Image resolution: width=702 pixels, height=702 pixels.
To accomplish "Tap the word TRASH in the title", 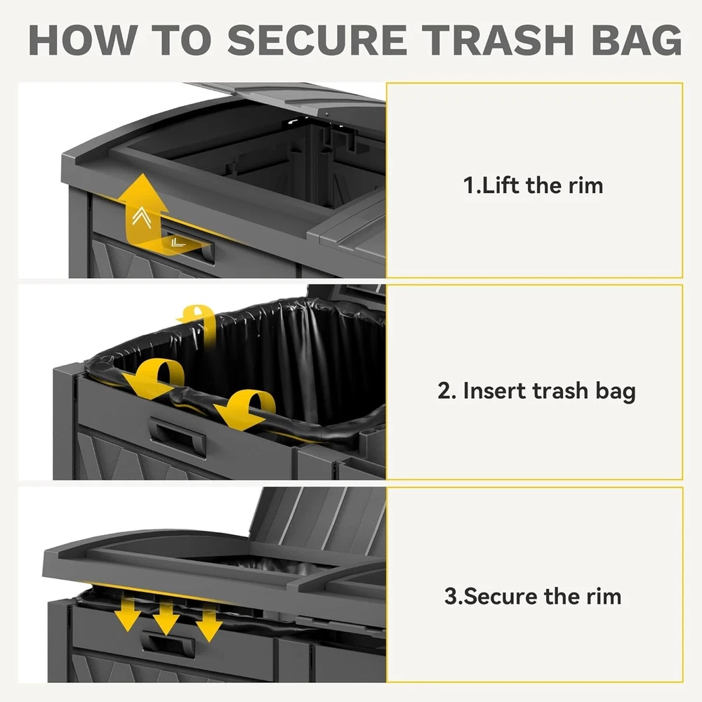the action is click(498, 40).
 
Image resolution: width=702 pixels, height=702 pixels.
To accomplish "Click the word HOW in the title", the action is click(83, 40).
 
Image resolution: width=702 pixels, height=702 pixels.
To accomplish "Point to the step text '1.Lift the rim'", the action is click(533, 185).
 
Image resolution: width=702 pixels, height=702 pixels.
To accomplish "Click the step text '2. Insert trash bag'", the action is click(536, 391).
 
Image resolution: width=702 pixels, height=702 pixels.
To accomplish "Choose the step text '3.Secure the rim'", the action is click(533, 596).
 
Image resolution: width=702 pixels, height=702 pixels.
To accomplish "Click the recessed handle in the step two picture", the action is click(178, 436).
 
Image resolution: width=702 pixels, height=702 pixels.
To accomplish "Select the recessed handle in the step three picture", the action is click(168, 644).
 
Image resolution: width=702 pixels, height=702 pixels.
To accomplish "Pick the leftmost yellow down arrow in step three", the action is click(128, 615).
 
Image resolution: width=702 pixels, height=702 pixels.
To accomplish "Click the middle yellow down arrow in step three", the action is click(166, 618).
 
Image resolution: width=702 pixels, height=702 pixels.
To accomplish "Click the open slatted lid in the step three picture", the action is click(318, 522).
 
